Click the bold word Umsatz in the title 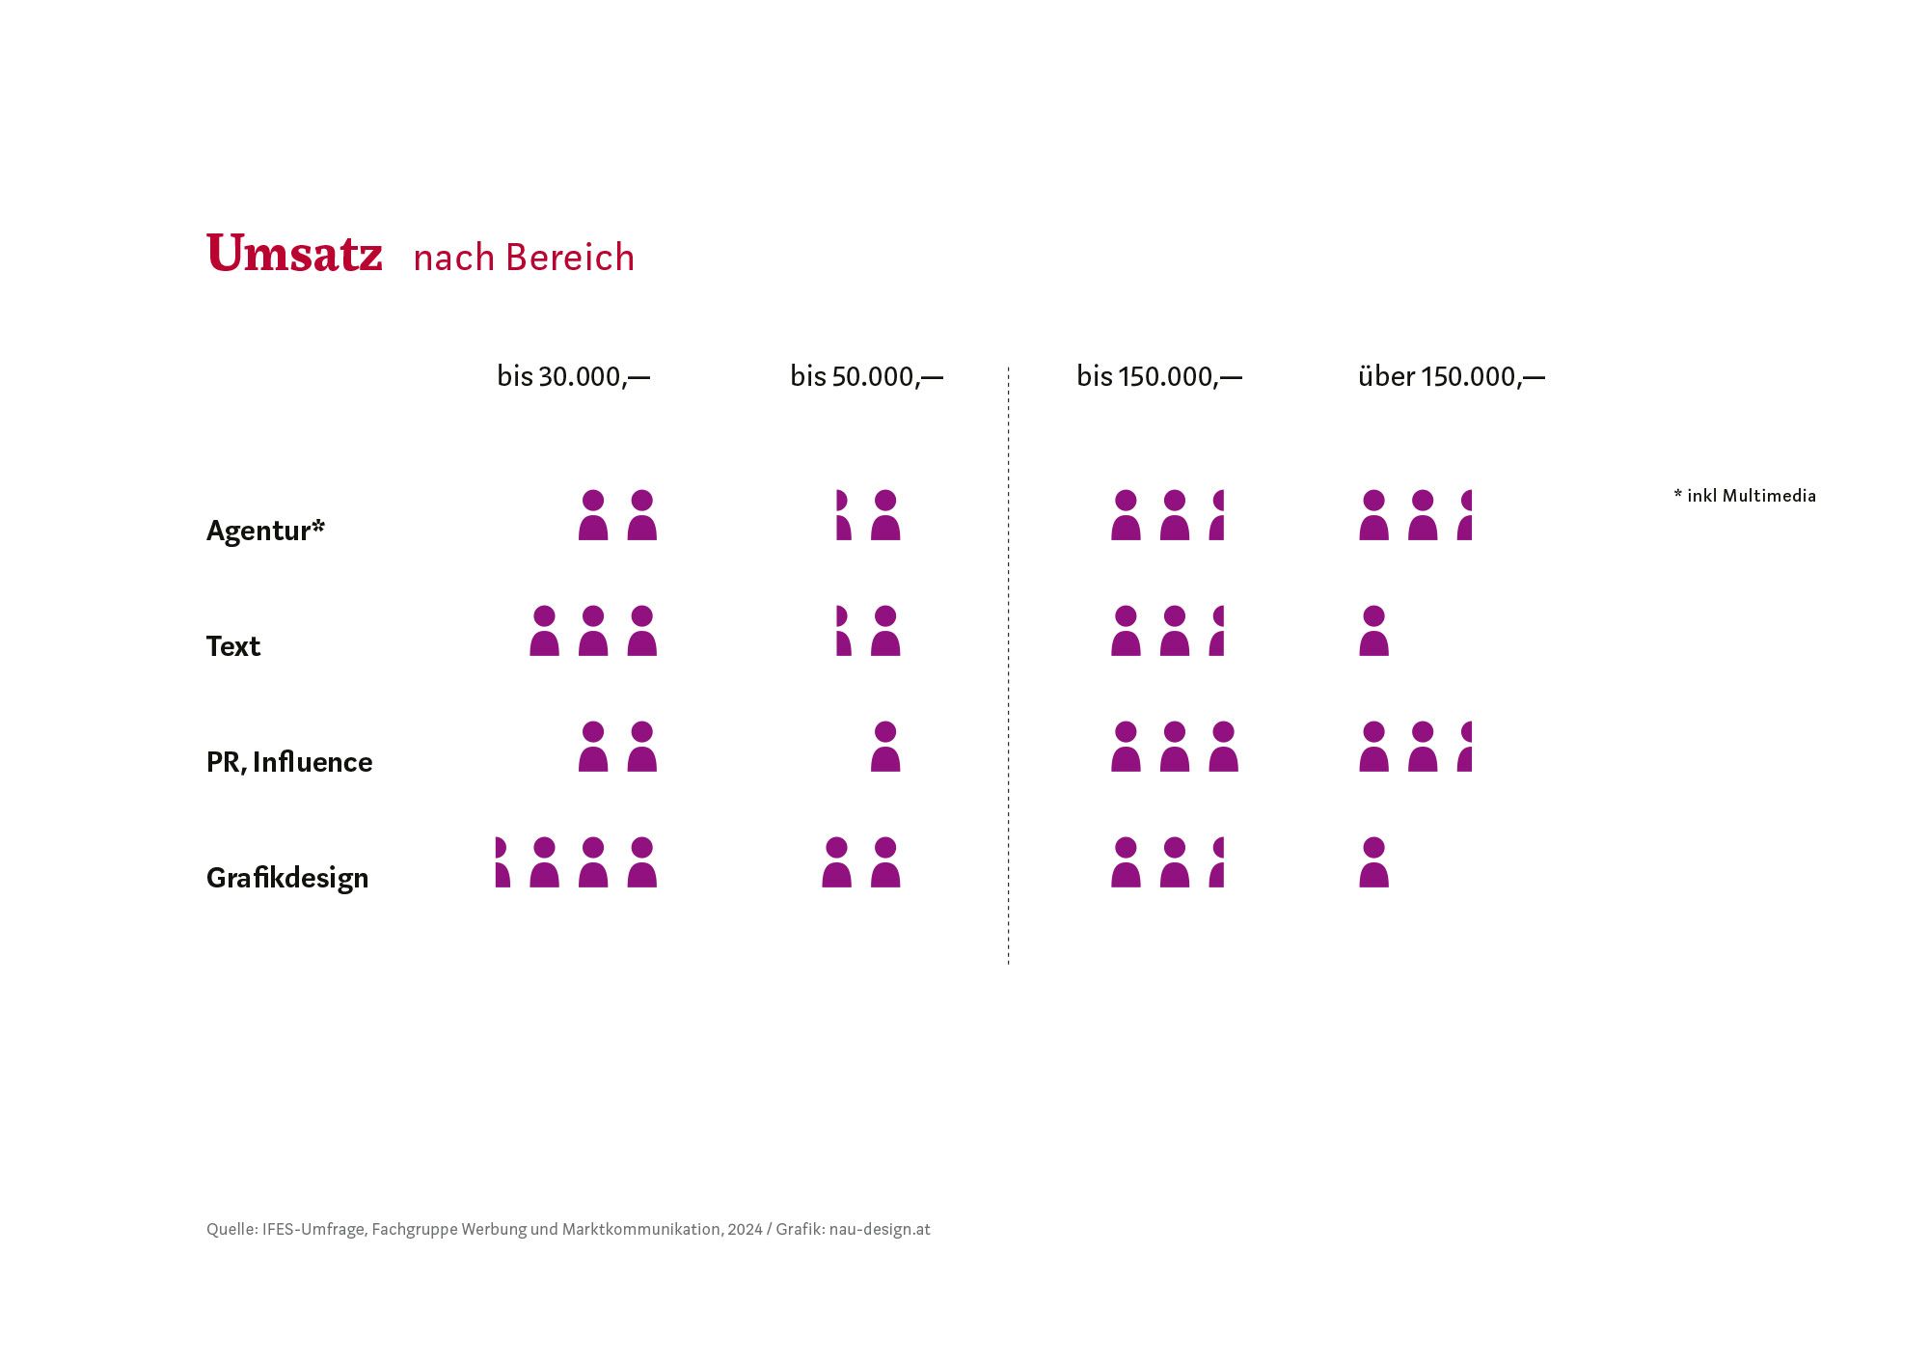tap(294, 254)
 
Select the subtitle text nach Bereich tap(524, 258)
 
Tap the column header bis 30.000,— tap(573, 376)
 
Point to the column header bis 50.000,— tap(866, 376)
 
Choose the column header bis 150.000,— tap(1158, 376)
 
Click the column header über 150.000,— tap(1451, 376)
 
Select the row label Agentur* tap(265, 531)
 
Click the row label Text tap(233, 646)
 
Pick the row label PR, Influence tap(289, 762)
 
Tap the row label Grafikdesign tap(287, 878)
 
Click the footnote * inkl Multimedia tap(1745, 496)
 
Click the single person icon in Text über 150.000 tap(1373, 631)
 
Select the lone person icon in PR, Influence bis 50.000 tap(885, 747)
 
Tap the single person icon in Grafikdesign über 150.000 tap(1373, 862)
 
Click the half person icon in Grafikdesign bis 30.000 tap(502, 862)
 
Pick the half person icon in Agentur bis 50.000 tap(842, 515)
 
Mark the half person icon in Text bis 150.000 tap(1217, 631)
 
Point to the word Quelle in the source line tap(231, 1229)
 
